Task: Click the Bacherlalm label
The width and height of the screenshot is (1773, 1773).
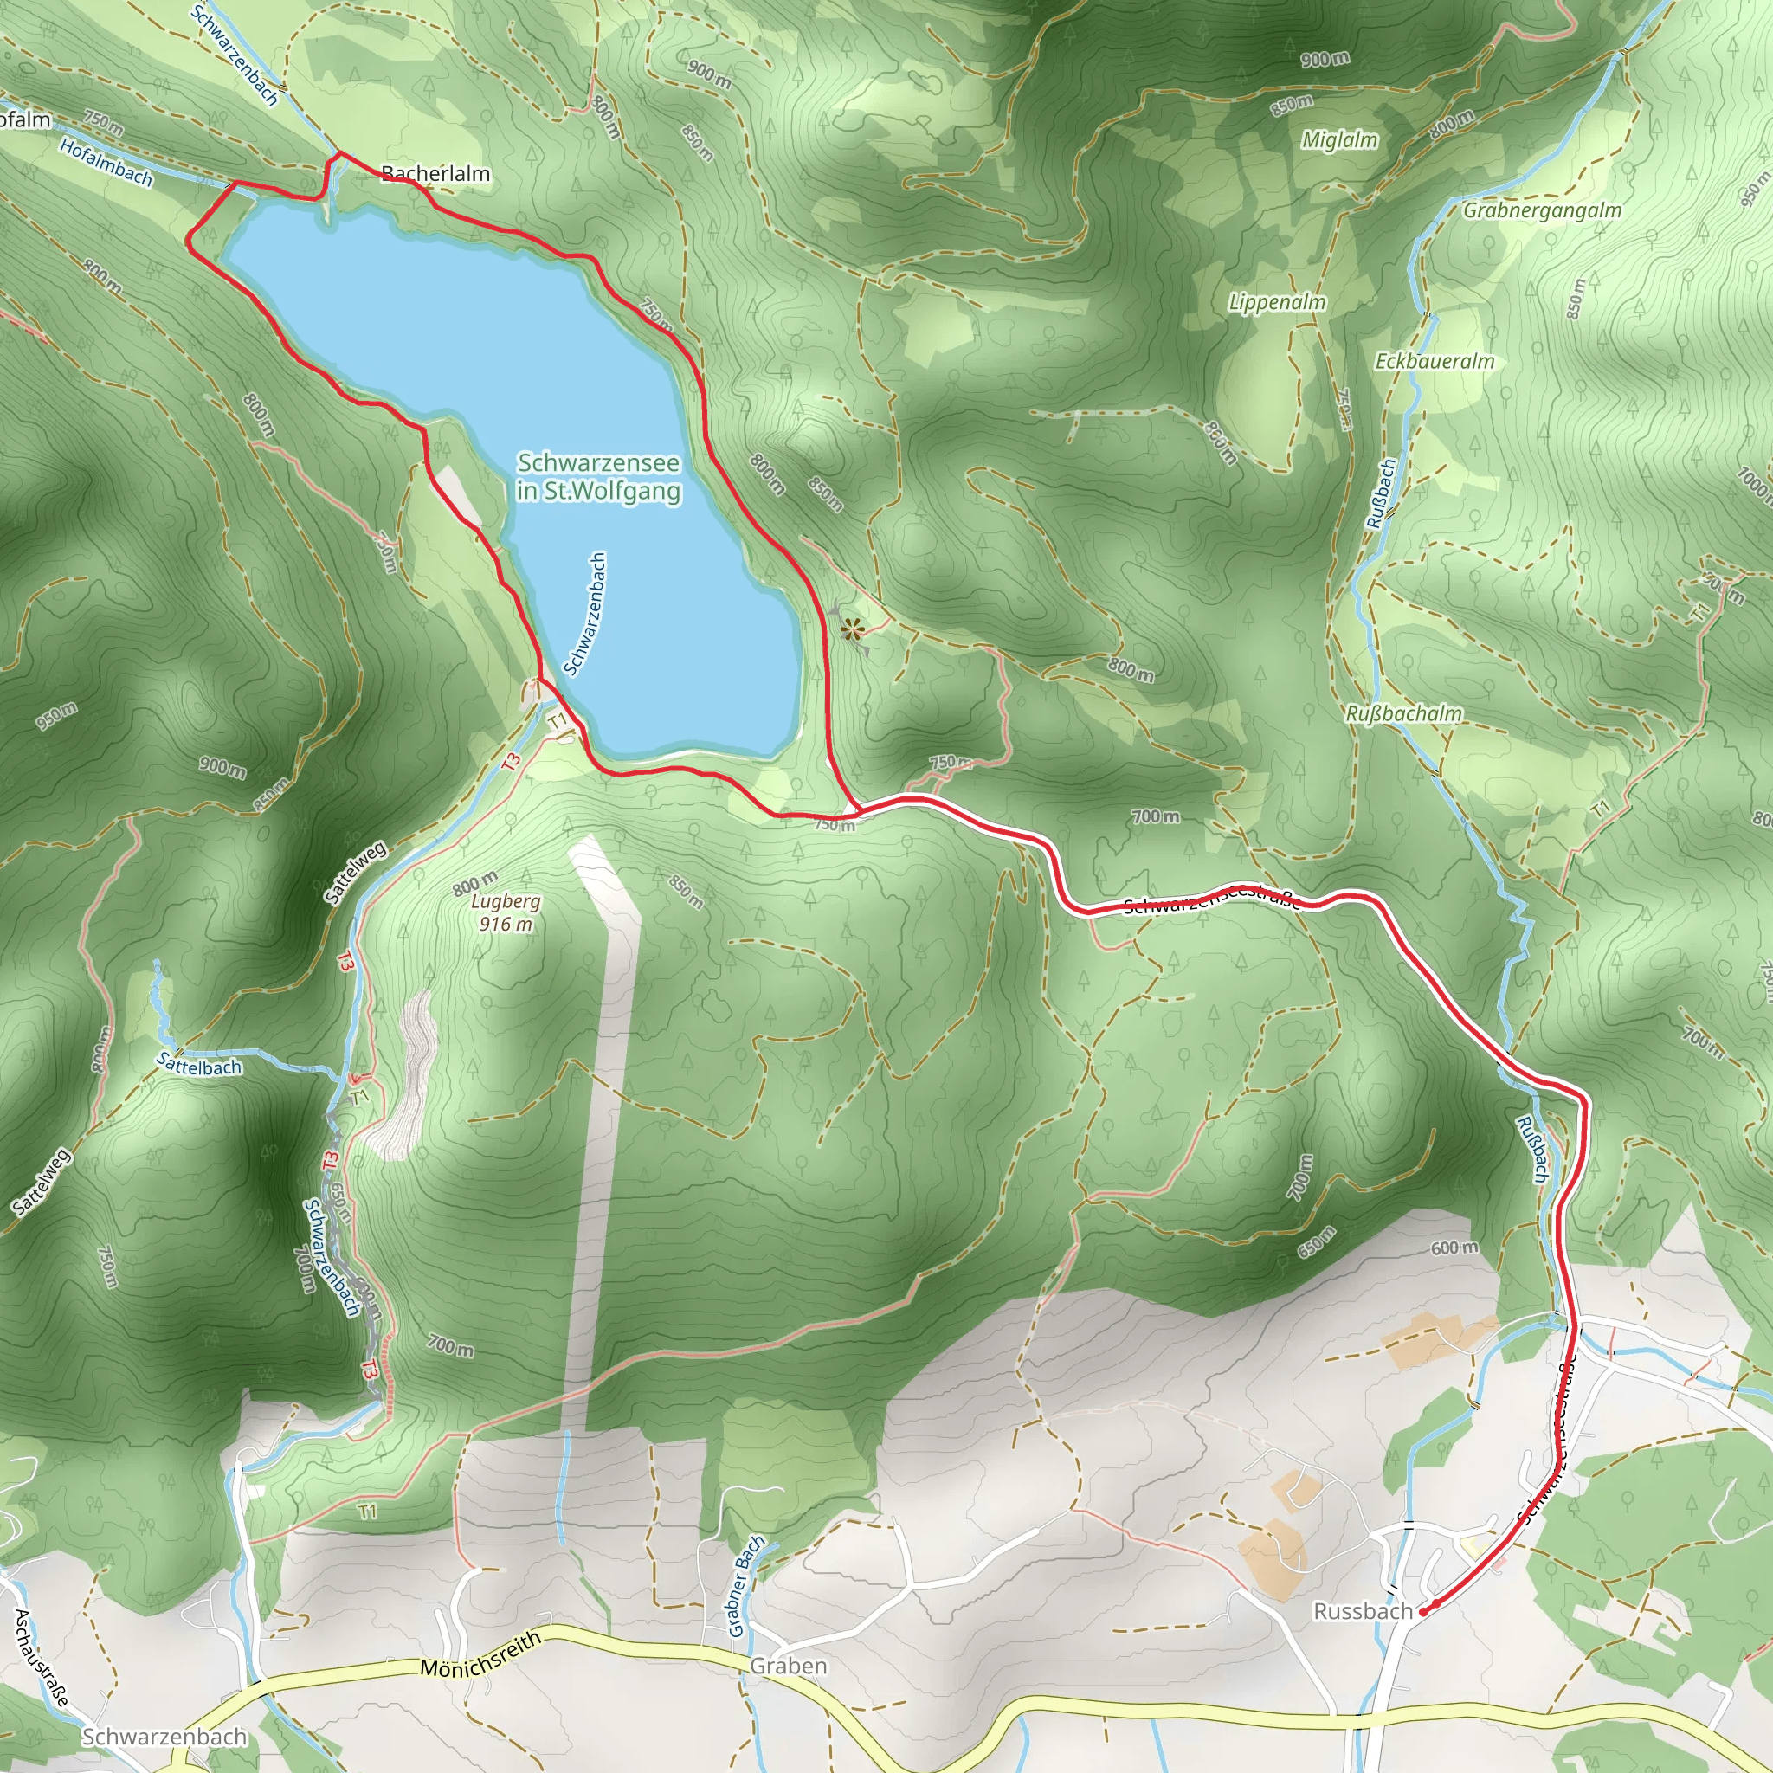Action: pos(436,173)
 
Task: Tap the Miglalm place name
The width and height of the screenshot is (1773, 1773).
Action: pos(1340,139)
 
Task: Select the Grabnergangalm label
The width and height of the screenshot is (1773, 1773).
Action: pos(1542,210)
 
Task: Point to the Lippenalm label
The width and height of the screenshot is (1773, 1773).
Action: pos(1278,302)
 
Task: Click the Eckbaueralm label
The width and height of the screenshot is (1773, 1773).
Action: pos(1435,362)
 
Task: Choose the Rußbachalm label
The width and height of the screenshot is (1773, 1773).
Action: pos(1404,713)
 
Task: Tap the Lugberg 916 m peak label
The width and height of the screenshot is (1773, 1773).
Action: pos(506,912)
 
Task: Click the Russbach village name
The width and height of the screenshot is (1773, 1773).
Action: pos(1363,1611)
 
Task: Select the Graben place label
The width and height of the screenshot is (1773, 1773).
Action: pos(789,1666)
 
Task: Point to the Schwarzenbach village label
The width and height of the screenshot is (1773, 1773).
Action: pos(164,1737)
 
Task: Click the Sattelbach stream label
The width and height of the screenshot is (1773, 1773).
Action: pos(199,1065)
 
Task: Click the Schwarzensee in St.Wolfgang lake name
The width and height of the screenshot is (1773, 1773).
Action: pos(598,476)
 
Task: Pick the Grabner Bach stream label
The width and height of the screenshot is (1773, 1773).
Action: pos(745,1586)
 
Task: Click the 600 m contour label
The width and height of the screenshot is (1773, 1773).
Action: pos(1454,1248)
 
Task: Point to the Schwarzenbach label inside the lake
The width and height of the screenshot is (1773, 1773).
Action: pos(585,613)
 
